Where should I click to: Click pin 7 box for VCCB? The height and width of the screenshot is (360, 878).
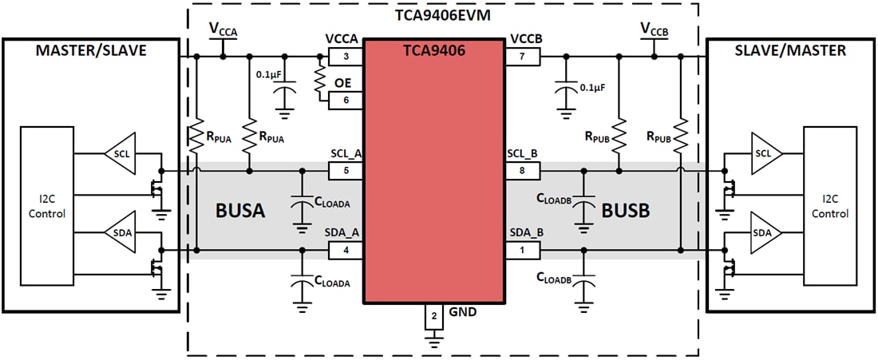(522, 57)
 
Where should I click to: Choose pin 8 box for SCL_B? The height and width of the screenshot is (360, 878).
(522, 170)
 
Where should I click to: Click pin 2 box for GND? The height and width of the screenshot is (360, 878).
(434, 316)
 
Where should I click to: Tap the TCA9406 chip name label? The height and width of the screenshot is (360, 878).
(434, 50)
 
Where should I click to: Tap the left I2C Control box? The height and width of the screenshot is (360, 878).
(47, 206)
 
